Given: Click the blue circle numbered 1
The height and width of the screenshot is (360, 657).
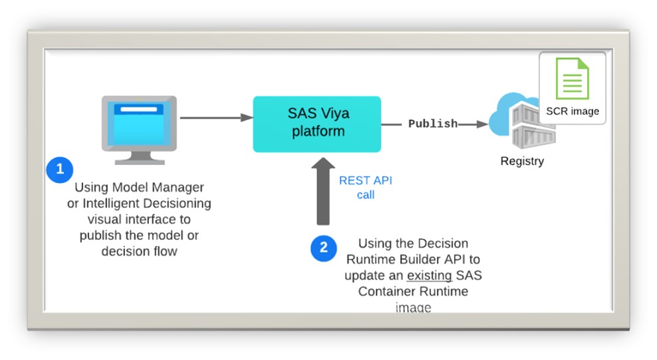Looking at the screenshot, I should [60, 170].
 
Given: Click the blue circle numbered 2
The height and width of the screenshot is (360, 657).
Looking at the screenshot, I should [324, 248].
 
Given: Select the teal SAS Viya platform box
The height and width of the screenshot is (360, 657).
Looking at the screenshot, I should [317, 124].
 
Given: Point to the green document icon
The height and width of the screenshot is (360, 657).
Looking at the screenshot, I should [572, 79].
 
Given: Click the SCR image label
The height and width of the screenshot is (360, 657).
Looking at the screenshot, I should [573, 111].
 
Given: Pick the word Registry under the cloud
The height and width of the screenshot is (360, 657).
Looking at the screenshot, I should [522, 161].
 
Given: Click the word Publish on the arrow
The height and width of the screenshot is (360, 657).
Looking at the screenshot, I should [433, 124].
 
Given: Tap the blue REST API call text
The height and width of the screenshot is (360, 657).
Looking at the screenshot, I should [366, 188].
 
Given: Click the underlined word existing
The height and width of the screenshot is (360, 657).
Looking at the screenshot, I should [430, 275].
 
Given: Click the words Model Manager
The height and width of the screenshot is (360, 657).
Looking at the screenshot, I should [164, 188].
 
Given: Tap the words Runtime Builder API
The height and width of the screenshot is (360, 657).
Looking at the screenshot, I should [414, 260].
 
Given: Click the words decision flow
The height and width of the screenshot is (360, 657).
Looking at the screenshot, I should [139, 252].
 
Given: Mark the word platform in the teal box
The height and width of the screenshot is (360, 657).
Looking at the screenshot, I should [317, 132].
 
